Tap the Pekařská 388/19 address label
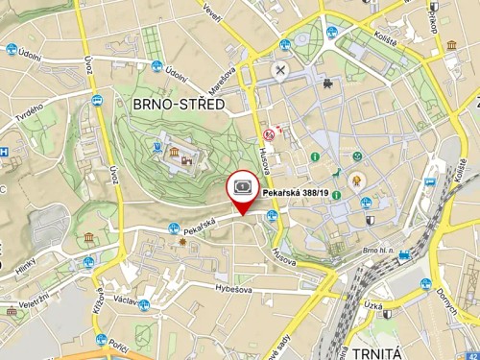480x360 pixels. click(x=296, y=193)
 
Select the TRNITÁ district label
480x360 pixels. click(x=375, y=340)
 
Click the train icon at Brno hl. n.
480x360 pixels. click(x=405, y=255)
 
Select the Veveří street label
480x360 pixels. click(x=211, y=12)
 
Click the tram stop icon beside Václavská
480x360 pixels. click(x=144, y=305)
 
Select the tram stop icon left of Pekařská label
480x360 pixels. click(x=173, y=228)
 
